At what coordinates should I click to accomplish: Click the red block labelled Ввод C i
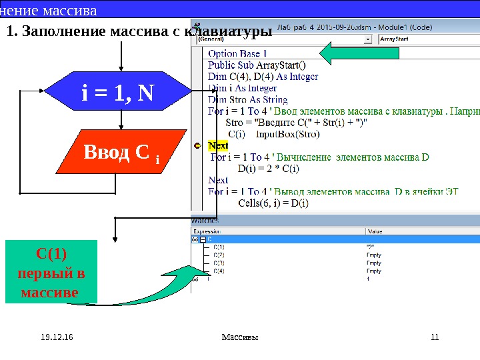121,153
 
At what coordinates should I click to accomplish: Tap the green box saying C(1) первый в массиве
51,273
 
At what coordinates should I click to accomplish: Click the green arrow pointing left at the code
347,53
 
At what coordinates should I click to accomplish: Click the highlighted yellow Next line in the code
218,145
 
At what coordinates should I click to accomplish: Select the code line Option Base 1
237,53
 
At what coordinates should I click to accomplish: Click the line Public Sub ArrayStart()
257,65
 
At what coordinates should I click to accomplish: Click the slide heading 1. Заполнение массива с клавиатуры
139,31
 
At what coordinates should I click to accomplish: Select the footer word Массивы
240,337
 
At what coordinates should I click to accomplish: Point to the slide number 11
435,337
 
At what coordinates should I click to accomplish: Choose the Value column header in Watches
375,231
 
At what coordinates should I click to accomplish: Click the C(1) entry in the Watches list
219,247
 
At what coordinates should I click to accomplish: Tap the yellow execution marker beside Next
197,145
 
